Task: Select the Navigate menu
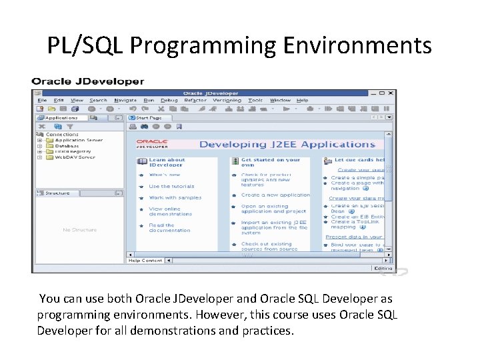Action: [x=125, y=101]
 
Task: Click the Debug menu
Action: [x=169, y=101]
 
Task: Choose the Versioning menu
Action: [x=227, y=101]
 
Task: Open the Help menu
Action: [x=303, y=101]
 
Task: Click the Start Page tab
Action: [x=149, y=117]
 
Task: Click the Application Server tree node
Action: [x=79, y=141]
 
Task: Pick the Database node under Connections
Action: [x=68, y=146]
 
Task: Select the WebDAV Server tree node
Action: [x=75, y=157]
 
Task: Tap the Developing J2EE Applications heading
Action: [x=287, y=144]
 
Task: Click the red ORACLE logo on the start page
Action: [x=152, y=142]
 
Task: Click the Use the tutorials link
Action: [x=171, y=187]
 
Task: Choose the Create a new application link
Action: [x=275, y=195]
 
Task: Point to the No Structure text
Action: [x=79, y=230]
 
